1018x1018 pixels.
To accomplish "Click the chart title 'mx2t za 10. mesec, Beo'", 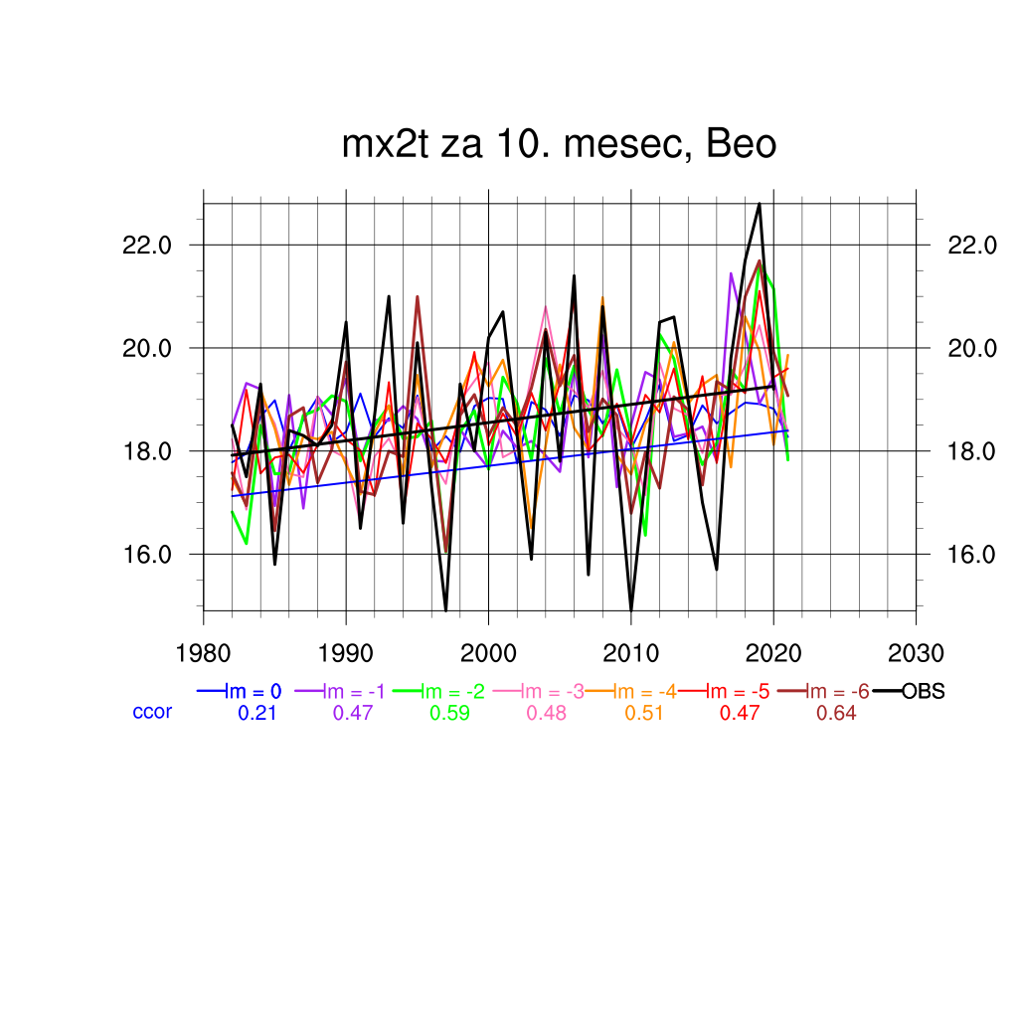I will pos(559,145).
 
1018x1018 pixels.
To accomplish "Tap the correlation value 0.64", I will pos(836,714).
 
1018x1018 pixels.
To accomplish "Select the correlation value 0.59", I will pos(449,714).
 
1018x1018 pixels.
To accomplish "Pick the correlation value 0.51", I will pos(643,714).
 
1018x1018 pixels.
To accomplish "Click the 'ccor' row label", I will pos(152,712).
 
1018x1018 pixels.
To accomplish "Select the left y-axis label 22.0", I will pos(147,245).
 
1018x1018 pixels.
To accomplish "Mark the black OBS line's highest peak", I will pos(760,204).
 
